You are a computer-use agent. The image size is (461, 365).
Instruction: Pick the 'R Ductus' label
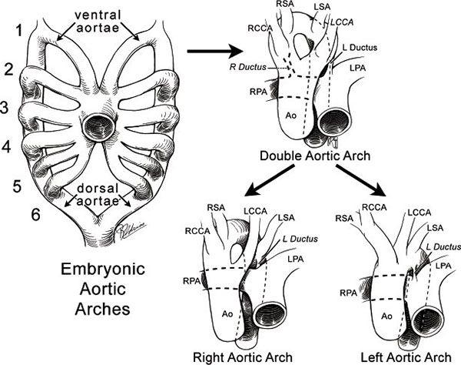pyautogui.click(x=248, y=67)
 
